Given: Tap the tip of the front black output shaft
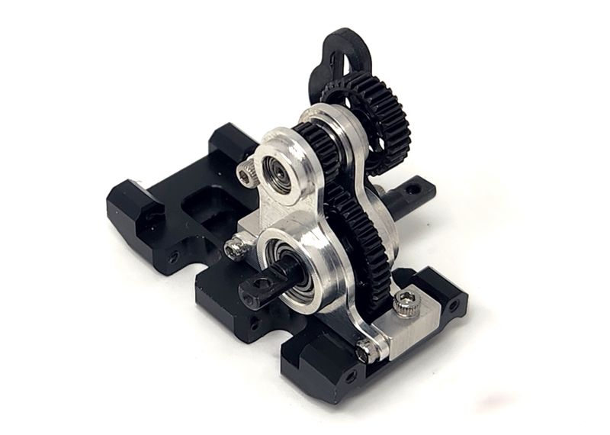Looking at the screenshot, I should pyautogui.click(x=251, y=291).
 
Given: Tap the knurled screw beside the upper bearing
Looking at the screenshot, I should pyautogui.click(x=245, y=175).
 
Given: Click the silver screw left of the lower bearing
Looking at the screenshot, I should pyautogui.click(x=235, y=247).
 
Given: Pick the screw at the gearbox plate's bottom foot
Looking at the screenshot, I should pyautogui.click(x=367, y=352).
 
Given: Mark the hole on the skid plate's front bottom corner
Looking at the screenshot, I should pyautogui.click(x=350, y=377).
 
